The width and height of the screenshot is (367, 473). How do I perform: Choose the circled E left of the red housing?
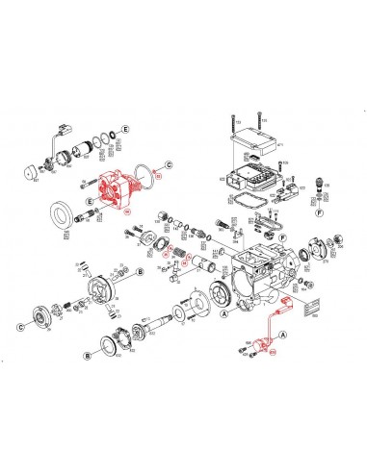click(90, 202)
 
